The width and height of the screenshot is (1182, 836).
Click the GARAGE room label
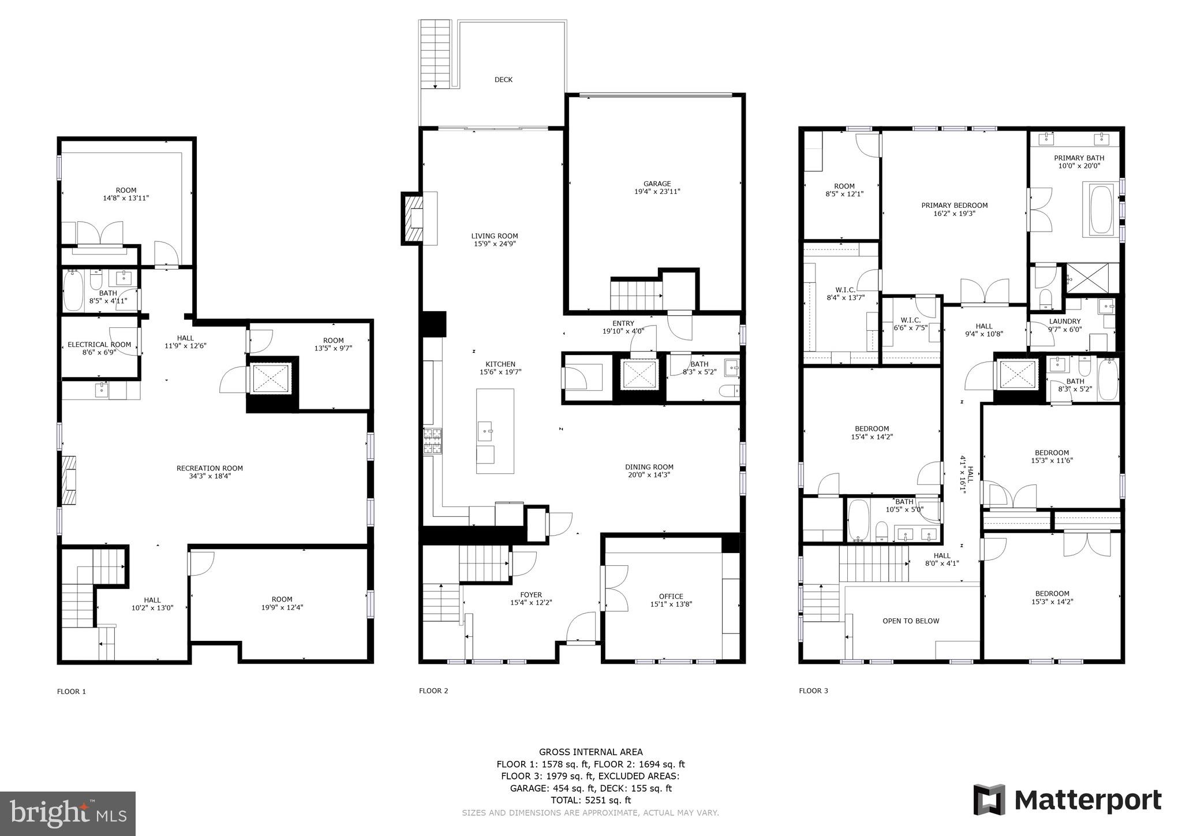(x=657, y=184)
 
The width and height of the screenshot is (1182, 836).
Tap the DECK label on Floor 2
(x=503, y=80)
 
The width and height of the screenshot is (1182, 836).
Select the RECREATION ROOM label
(x=210, y=468)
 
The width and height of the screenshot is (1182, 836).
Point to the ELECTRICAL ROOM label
(x=99, y=345)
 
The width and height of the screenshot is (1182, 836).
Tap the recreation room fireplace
(x=69, y=480)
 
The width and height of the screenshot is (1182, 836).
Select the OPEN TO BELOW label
(x=911, y=621)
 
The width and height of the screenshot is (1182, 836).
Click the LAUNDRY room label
(x=1064, y=322)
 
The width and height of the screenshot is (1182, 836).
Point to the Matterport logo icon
(x=989, y=800)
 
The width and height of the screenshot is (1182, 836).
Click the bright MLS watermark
(x=68, y=813)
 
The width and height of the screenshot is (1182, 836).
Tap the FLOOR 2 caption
(x=433, y=691)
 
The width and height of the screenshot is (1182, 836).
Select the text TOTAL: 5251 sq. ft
(x=590, y=800)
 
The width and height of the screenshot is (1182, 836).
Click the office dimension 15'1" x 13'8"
(x=671, y=604)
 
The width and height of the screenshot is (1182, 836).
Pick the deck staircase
(x=435, y=54)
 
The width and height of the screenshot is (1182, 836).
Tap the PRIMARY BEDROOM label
(x=954, y=205)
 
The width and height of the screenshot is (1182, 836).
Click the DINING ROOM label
(x=649, y=467)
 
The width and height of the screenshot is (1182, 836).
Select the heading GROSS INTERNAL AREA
(x=590, y=752)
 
